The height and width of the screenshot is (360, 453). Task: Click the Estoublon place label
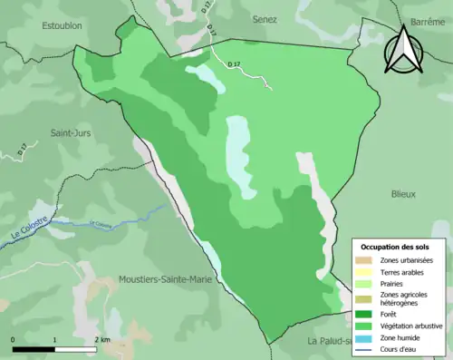point(62,25)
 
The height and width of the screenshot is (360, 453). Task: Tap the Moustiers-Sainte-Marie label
point(165,280)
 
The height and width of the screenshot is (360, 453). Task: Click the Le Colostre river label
point(27,234)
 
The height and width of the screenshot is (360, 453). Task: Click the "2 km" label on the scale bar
point(102,340)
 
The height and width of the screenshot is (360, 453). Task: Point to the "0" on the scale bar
point(14,340)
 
